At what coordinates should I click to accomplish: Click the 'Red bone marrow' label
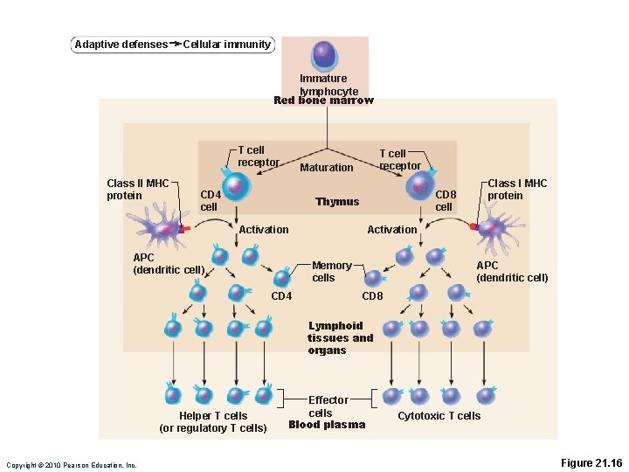323,101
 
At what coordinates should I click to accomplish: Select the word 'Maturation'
326,168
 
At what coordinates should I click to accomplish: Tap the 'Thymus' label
337,202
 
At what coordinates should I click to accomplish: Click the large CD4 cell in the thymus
235,186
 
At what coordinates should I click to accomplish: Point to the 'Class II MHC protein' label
137,190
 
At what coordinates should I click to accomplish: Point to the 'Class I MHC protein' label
516,190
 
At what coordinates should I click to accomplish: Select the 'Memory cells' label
331,272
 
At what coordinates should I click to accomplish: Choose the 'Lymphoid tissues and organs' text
340,338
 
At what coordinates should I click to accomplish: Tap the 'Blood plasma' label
326,425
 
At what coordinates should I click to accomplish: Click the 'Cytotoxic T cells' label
439,416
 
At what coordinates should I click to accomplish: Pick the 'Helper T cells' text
212,416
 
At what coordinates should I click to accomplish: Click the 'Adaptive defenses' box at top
121,45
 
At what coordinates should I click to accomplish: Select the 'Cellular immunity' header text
226,45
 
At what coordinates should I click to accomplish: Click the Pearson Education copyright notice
71,465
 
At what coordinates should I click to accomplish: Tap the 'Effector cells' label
328,406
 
